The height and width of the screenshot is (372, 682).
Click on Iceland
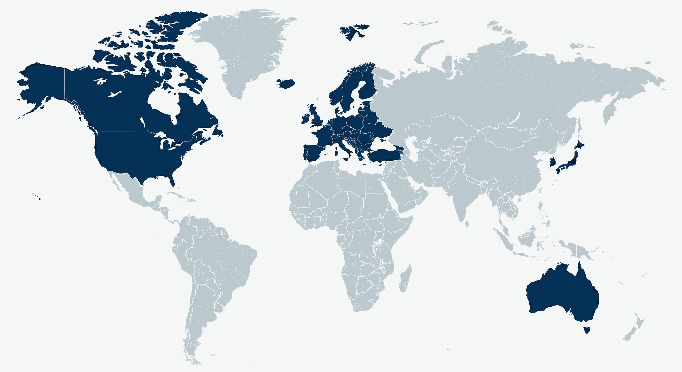point(286,83)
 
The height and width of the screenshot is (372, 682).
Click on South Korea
point(552,162)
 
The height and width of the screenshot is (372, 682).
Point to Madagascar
point(405,279)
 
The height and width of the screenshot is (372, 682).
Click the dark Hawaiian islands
point(39,199)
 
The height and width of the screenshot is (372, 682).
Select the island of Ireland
point(305,119)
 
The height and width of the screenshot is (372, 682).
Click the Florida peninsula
point(172,180)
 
